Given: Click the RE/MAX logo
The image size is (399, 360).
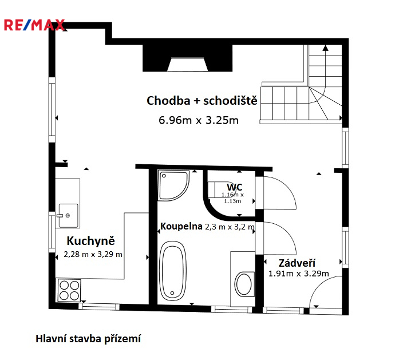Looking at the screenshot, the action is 34,25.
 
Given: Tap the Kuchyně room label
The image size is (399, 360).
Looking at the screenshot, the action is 90,241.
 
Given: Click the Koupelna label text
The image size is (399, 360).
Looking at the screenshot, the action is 181,226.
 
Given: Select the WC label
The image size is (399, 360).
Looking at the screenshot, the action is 234,187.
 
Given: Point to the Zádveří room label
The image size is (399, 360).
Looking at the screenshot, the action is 297,263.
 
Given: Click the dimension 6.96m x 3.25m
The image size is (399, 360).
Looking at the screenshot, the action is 199,120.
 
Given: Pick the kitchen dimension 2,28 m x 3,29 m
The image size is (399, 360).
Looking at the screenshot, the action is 93,254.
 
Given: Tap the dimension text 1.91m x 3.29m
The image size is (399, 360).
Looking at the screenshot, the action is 299,274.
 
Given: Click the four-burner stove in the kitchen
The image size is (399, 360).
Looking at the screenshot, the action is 69,290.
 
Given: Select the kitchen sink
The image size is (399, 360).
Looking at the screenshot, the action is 69,216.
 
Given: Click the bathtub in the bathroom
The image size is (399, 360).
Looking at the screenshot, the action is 172,271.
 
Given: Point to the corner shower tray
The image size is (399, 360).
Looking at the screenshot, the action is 173,185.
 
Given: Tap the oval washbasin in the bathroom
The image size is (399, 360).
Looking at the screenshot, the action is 244,284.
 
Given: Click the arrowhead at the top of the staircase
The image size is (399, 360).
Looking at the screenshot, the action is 325,48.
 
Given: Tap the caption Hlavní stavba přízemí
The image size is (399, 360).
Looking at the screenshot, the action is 88,339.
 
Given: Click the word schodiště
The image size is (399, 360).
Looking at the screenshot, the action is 230,101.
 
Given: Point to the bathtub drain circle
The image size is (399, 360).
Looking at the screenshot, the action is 172,293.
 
